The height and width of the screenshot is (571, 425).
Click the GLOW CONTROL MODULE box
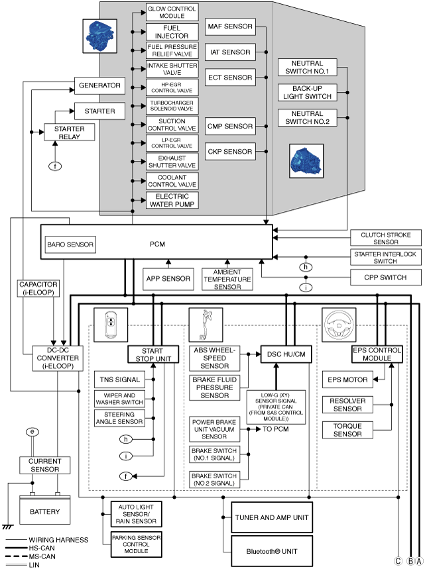point(172,13)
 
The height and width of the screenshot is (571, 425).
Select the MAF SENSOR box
point(230,26)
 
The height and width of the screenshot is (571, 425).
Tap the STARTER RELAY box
point(69,132)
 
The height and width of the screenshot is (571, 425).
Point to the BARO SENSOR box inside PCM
point(70,244)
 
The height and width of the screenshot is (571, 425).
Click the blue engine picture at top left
point(100,36)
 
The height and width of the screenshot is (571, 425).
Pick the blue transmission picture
point(306,161)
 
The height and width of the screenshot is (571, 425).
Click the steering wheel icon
point(339,325)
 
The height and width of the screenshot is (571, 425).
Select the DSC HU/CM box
point(286,354)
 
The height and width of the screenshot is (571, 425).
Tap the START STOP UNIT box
point(153,354)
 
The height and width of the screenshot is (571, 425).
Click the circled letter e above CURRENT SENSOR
point(32,432)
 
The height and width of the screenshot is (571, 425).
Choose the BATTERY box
point(45,511)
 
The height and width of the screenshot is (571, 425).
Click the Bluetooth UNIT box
point(272,551)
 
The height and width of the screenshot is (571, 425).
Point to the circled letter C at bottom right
point(398,561)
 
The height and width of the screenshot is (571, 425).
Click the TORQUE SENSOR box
point(347,430)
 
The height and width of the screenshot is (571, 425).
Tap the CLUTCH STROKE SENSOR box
point(386,238)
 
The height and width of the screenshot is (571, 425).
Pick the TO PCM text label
point(276,429)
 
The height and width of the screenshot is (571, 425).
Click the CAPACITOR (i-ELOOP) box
point(38,288)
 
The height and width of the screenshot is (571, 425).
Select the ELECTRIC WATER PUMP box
point(172,200)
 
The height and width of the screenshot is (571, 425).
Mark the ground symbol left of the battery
point(7,527)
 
